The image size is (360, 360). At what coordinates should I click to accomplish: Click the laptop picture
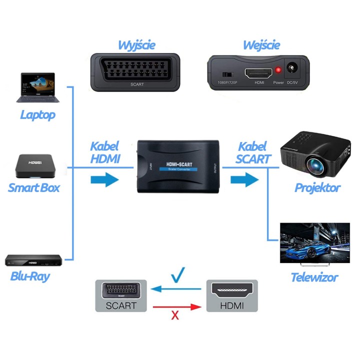37,88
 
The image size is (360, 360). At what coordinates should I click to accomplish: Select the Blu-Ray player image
33,260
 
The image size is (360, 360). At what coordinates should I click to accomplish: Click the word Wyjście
136,45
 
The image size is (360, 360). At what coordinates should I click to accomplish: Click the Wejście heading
260,45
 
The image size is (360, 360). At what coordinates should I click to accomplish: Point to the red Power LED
278,70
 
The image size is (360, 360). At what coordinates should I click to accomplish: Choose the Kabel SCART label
253,153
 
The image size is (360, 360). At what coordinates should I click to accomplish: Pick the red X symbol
175,315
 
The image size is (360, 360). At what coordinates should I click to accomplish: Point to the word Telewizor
314,277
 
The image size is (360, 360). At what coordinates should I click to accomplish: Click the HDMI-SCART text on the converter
178,164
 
